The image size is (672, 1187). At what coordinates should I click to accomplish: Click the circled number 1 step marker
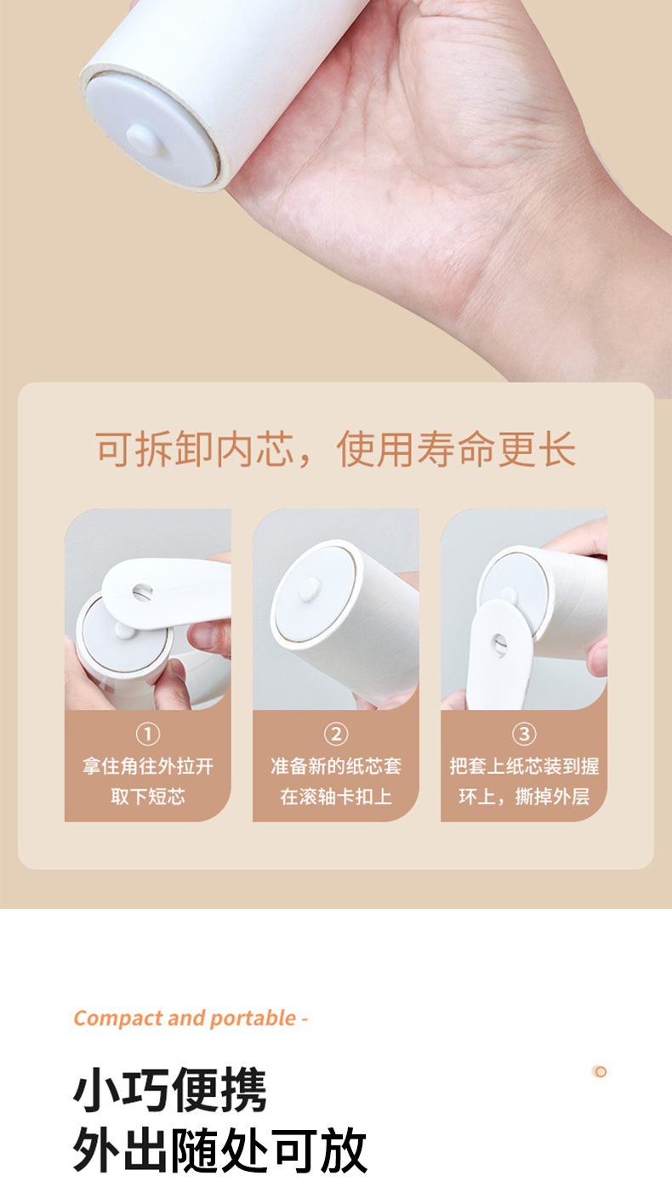click(x=148, y=735)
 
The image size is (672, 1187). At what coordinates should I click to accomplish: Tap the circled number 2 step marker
click(x=336, y=735)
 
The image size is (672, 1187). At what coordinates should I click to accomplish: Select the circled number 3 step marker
click(x=524, y=735)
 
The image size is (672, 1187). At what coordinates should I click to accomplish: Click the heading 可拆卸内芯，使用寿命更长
click(x=336, y=449)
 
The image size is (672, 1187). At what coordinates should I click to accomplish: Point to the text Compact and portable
click(x=185, y=1018)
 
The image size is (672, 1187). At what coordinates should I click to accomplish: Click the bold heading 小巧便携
click(x=170, y=1090)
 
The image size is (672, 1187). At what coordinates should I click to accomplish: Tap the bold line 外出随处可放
click(x=220, y=1151)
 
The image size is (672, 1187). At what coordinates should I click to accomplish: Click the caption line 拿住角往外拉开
click(x=148, y=766)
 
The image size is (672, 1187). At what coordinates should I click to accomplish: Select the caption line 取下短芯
click(x=148, y=797)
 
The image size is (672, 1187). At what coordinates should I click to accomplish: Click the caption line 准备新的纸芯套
click(x=336, y=766)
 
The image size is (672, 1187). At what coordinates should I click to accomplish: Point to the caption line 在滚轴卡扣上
click(x=336, y=797)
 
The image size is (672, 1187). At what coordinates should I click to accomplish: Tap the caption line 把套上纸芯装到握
click(x=524, y=766)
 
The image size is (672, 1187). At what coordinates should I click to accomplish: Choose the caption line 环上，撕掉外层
click(x=524, y=797)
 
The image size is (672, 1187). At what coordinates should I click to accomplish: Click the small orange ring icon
click(x=600, y=1072)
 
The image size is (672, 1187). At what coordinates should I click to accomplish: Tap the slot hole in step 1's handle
click(x=142, y=592)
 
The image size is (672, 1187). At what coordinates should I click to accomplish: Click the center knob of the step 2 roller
click(x=310, y=589)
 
